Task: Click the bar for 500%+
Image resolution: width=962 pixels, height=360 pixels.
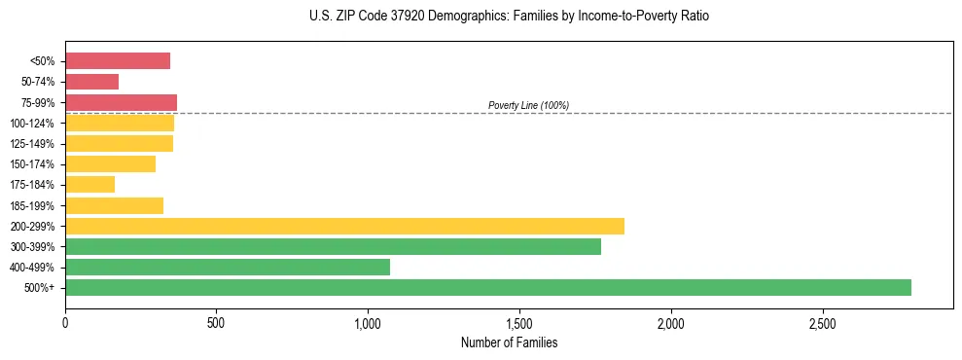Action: click(487, 287)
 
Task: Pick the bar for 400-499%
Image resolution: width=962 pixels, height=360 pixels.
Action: click(228, 267)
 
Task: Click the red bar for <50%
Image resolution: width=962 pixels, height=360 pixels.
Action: click(118, 61)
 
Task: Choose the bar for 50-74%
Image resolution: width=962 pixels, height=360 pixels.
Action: click(91, 82)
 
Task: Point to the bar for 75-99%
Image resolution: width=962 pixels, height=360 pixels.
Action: click(121, 102)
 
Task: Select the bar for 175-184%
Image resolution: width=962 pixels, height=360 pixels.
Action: click(89, 184)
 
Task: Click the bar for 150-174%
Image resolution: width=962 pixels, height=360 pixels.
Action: click(110, 163)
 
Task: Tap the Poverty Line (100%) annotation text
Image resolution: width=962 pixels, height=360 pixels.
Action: click(528, 105)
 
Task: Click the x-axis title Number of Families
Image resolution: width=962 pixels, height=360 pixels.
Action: click(509, 342)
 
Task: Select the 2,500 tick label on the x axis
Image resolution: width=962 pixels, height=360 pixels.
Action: click(823, 322)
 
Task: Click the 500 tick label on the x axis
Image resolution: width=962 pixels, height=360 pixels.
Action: click(216, 322)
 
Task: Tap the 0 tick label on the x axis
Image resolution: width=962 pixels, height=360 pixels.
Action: click(65, 322)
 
